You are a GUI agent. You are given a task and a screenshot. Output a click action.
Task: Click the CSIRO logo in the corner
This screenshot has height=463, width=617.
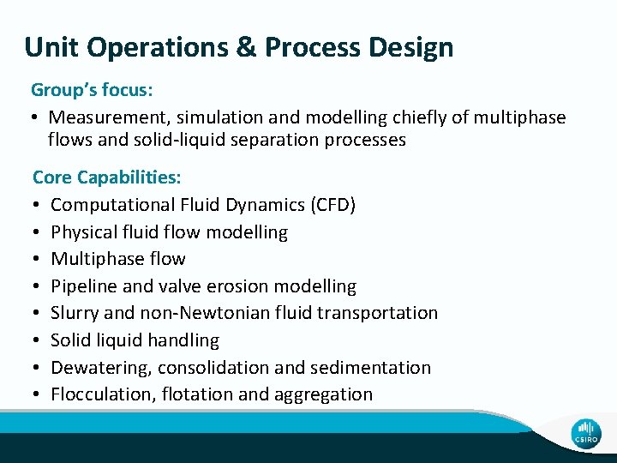click(x=587, y=433)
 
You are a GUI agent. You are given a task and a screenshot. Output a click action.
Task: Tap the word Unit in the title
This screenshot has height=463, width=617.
click(x=51, y=47)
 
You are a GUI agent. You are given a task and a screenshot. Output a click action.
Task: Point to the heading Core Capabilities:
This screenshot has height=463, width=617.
click(x=106, y=177)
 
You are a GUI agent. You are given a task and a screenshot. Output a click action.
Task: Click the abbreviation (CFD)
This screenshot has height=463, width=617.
click(x=331, y=205)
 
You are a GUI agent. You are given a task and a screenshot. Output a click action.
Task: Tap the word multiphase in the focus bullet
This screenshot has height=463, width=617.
click(x=520, y=117)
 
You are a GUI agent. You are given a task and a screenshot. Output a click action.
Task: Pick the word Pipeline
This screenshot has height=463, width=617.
click(x=85, y=286)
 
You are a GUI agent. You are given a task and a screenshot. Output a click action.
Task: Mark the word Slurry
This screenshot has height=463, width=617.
click(x=75, y=313)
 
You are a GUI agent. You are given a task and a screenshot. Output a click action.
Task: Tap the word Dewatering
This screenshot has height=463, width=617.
click(x=97, y=368)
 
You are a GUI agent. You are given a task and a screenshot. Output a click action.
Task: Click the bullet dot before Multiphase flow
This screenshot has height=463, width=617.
click(x=38, y=259)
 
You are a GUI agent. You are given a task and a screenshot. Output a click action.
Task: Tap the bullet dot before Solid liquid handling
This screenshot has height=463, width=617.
click(x=38, y=340)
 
